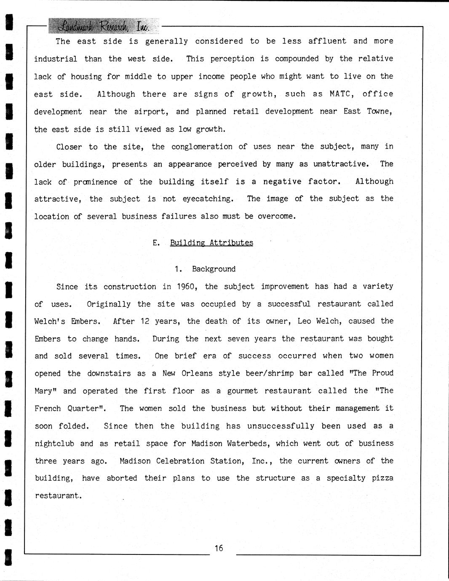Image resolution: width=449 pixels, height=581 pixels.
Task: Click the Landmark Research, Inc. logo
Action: pyautogui.click(x=104, y=26)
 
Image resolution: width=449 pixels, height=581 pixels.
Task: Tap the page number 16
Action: pyautogui.click(x=219, y=548)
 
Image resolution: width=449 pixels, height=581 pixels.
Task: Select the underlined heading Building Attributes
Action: pyautogui.click(x=211, y=243)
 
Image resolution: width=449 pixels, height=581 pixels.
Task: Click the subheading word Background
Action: pyautogui.click(x=214, y=269)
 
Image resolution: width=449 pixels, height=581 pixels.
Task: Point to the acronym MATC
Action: pyautogui.click(x=339, y=94)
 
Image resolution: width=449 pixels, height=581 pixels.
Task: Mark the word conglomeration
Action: pyautogui.click(x=202, y=147)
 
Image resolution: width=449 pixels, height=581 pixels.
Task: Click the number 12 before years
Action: pyautogui.click(x=145, y=321)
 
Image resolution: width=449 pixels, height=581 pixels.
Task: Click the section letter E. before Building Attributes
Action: pyautogui.click(x=156, y=243)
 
